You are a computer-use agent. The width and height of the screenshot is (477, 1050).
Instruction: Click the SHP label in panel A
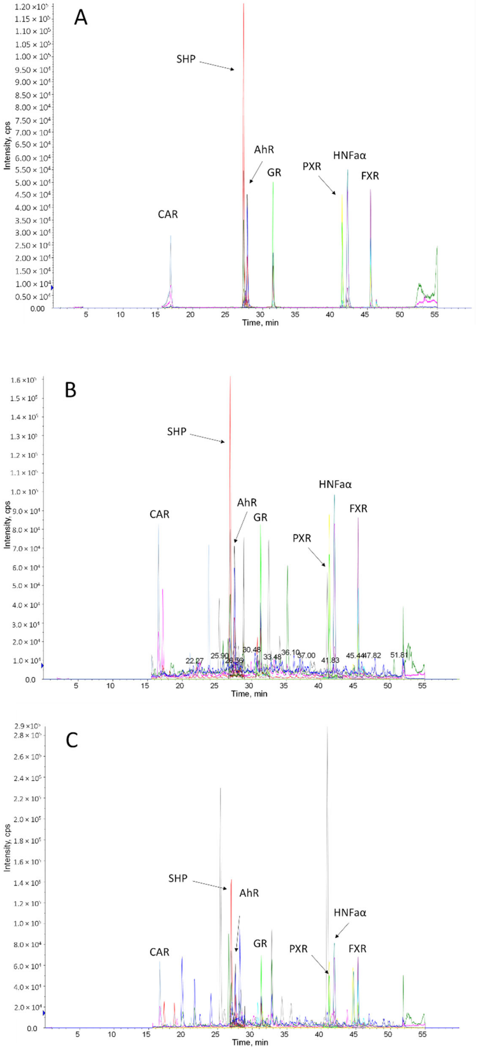(186, 59)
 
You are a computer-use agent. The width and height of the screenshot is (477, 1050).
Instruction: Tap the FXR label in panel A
(370, 176)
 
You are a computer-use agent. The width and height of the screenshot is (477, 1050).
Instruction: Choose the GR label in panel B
(260, 518)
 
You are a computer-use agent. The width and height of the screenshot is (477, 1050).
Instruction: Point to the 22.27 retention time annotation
(194, 660)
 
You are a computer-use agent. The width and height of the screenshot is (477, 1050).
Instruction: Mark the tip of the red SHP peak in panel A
(244, 4)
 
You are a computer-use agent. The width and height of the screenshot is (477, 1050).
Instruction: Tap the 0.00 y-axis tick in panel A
(37, 309)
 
